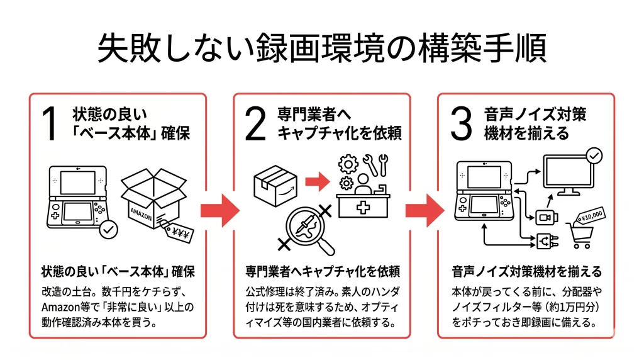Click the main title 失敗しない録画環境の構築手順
tap(321, 49)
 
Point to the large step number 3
tap(461, 124)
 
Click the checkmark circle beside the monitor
tap(593, 155)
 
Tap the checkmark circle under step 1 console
tap(109, 230)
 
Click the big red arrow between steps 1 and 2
tap(219, 210)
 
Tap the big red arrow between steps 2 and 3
tap(425, 210)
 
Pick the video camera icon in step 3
tap(543, 217)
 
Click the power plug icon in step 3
tap(543, 240)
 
